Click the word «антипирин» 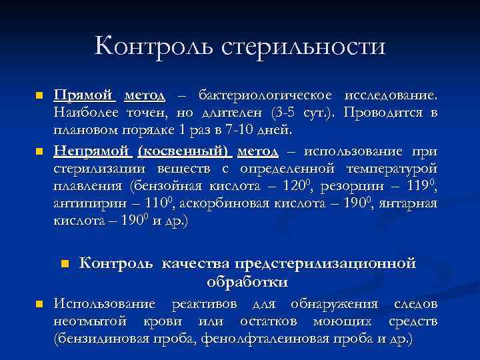(x=83, y=203)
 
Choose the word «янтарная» (x=408, y=203)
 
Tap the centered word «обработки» (x=247, y=282)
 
